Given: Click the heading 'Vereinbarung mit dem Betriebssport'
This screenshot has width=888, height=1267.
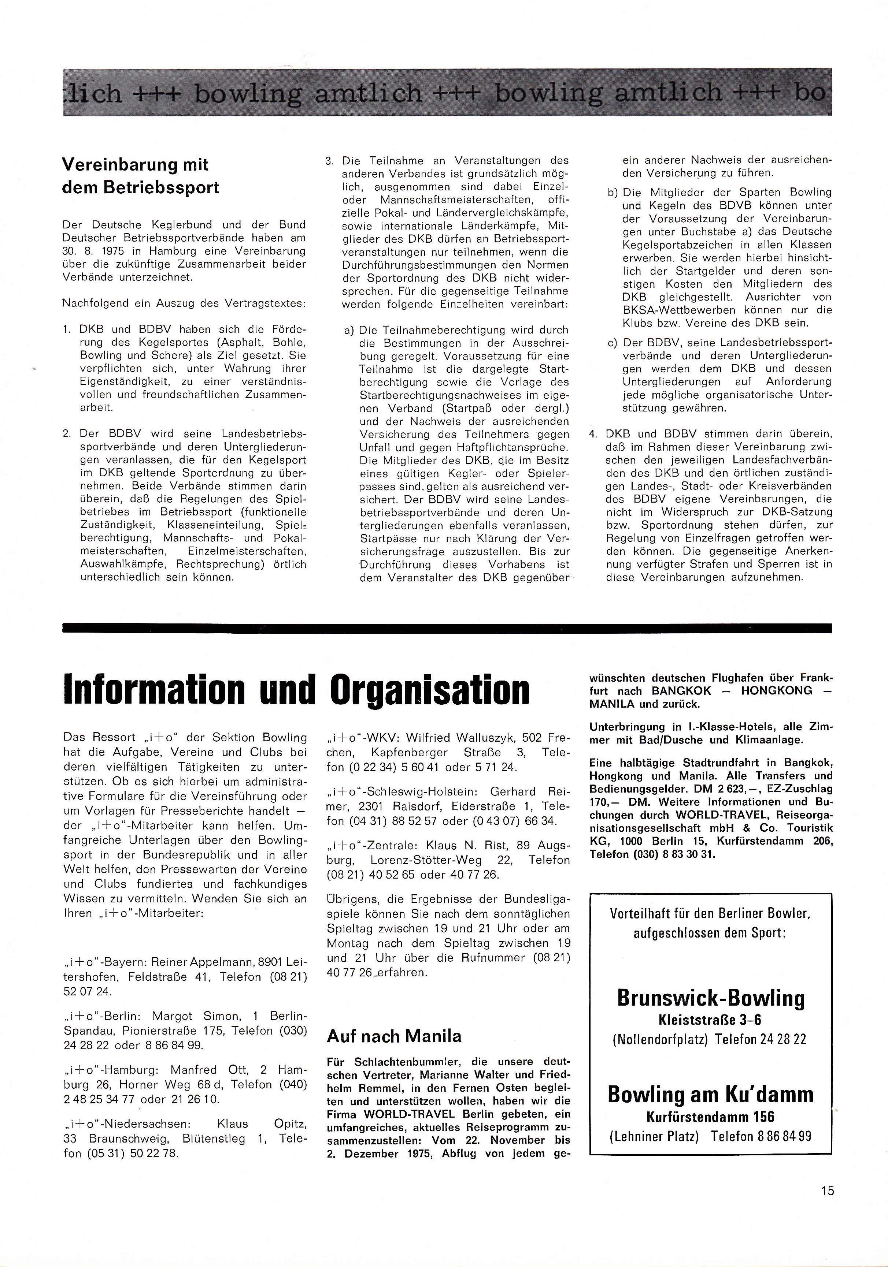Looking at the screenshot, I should (x=140, y=175).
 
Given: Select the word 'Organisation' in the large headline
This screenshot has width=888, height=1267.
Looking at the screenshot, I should (x=430, y=689).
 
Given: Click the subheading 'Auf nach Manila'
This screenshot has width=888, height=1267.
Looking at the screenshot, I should (x=394, y=1036).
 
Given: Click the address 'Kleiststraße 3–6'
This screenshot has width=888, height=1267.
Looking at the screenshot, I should (x=710, y=1020).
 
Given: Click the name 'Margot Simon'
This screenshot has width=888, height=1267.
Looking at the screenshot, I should (x=197, y=1016).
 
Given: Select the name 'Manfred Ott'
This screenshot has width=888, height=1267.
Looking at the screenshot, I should (x=209, y=1069).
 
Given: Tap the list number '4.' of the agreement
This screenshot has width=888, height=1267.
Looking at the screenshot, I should (x=594, y=434).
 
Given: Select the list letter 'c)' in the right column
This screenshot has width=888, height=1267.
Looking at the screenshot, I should (x=612, y=343).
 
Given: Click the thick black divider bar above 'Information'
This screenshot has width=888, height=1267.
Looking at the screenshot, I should (x=447, y=627).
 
